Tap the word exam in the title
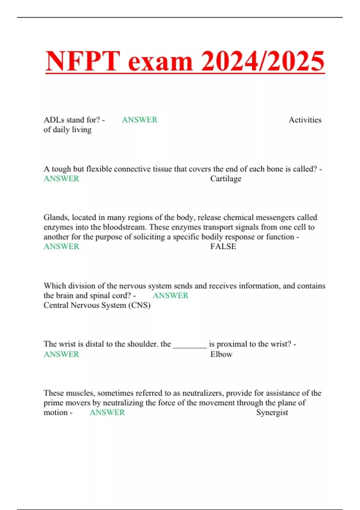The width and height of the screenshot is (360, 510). click(160, 61)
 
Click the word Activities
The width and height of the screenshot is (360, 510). click(305, 120)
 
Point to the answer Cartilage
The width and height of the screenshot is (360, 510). click(226, 179)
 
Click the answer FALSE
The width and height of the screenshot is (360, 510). click(223, 247)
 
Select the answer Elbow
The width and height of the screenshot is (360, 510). click(221, 354)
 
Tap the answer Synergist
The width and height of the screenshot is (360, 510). click(272, 412)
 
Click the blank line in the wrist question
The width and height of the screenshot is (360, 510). click(190, 345)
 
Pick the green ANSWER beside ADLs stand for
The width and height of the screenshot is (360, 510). click(139, 120)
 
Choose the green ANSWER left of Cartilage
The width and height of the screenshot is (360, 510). click(61, 179)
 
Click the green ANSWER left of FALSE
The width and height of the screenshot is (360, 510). click(61, 247)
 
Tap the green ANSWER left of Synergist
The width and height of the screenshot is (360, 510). click(107, 412)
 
